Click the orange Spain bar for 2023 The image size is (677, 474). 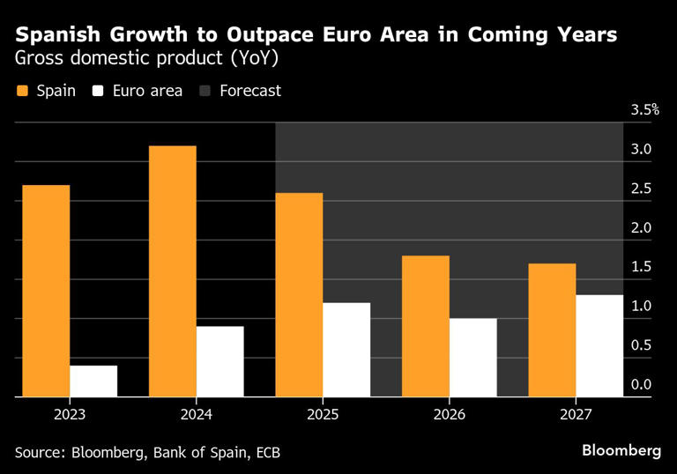[x=46, y=291]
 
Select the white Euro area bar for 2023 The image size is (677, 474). [x=93, y=381]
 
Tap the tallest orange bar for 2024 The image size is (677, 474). [x=173, y=271]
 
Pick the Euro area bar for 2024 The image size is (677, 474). [x=219, y=361]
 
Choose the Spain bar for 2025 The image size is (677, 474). [x=299, y=295]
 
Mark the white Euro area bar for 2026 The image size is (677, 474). [x=472, y=358]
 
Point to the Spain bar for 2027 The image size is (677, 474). [x=552, y=330]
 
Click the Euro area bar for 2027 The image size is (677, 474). [x=599, y=346]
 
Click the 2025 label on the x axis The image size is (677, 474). [x=323, y=412]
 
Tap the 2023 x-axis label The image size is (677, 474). [x=70, y=412]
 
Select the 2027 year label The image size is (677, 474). [x=575, y=412]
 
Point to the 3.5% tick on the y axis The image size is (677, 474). [x=644, y=110]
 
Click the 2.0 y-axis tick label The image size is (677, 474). [x=641, y=227]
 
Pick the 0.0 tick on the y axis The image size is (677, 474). [x=641, y=384]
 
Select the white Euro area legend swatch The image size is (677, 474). [x=97, y=91]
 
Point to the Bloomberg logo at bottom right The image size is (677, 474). [x=621, y=450]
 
